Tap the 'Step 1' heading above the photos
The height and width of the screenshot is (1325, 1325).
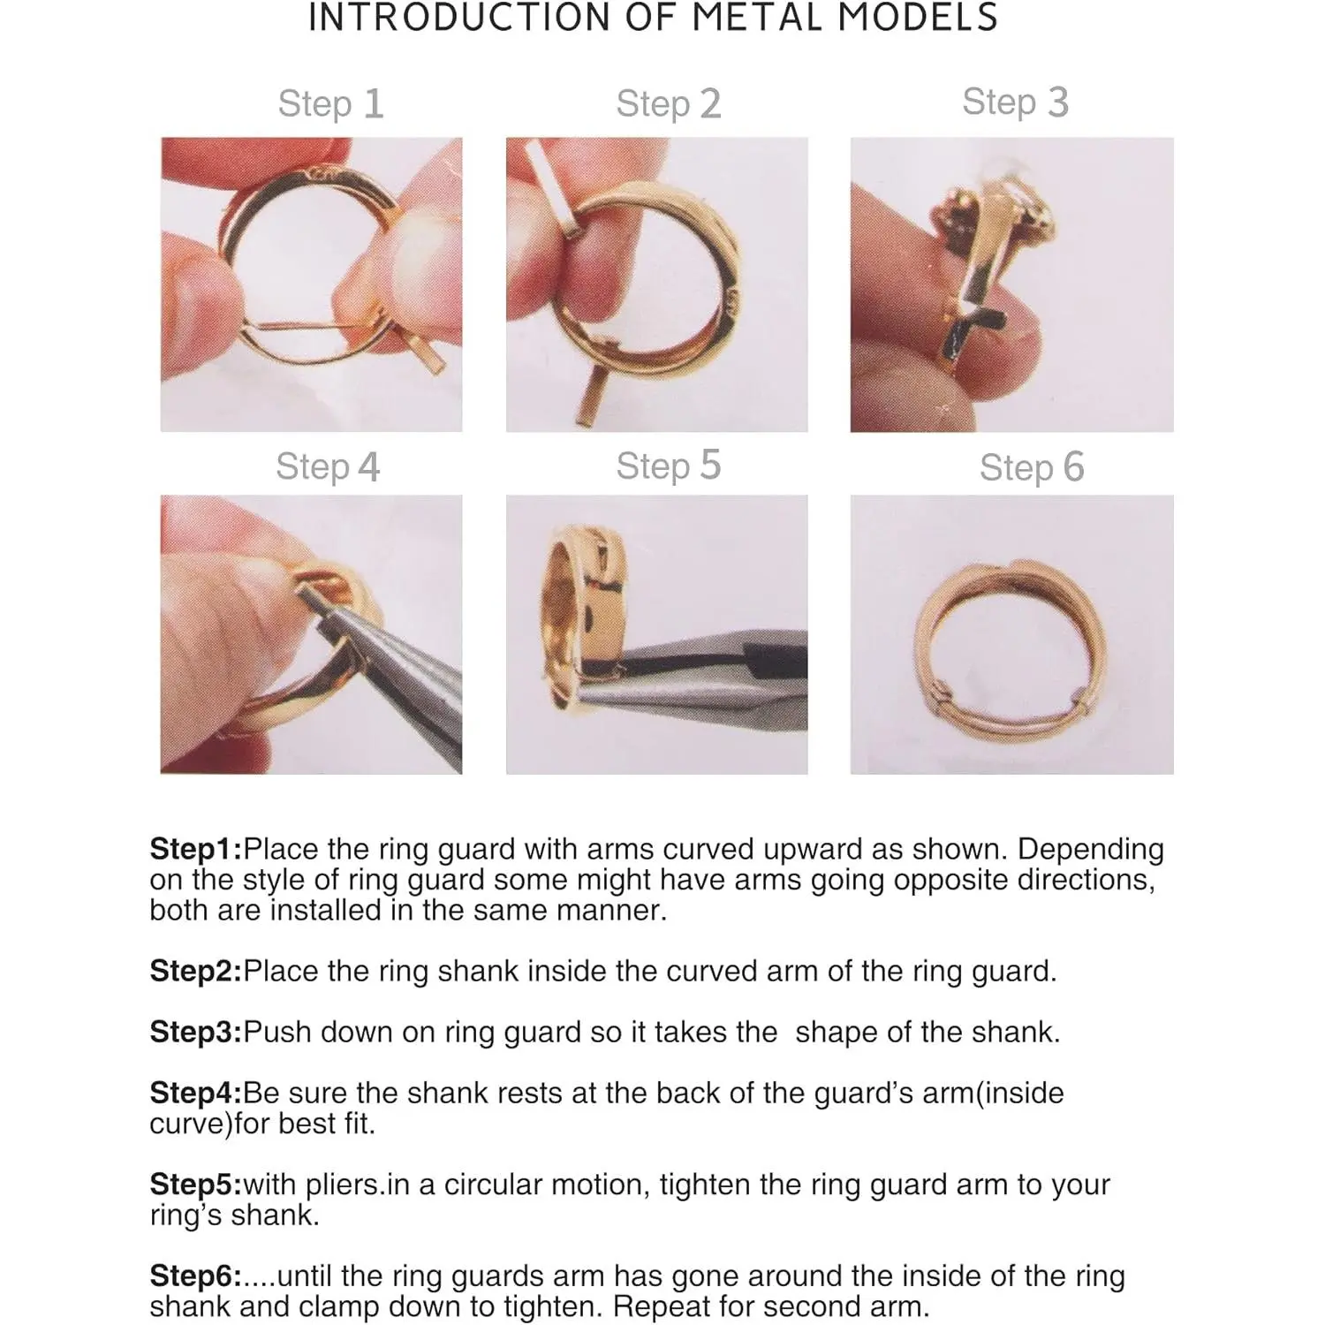pyautogui.click(x=330, y=104)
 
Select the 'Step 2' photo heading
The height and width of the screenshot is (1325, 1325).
pyautogui.click(x=669, y=104)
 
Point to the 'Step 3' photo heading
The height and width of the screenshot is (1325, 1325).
pyautogui.click(x=1015, y=102)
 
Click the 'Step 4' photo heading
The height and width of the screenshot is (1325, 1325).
pyautogui.click(x=328, y=466)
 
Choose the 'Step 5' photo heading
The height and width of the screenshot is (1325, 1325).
pyautogui.click(x=669, y=466)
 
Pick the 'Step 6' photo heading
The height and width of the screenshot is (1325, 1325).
pyautogui.click(x=1032, y=467)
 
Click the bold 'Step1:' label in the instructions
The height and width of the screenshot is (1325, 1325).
pyautogui.click(x=195, y=849)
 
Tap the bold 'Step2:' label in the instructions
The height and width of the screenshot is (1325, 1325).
pyautogui.click(x=195, y=971)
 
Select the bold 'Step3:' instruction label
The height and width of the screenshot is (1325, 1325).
pyautogui.click(x=195, y=1032)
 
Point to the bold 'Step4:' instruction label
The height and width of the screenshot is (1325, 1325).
pyautogui.click(x=195, y=1093)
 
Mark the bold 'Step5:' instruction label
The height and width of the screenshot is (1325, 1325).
pyautogui.click(x=195, y=1185)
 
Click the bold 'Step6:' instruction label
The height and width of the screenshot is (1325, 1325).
pyautogui.click(x=195, y=1276)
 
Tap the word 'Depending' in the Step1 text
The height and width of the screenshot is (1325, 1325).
pyautogui.click(x=1090, y=850)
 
